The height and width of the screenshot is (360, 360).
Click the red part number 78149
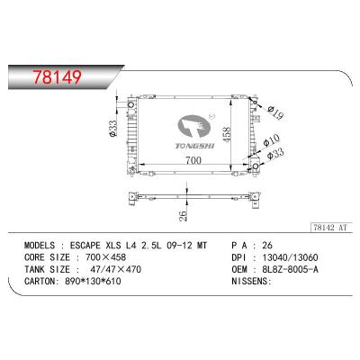(x=57, y=77)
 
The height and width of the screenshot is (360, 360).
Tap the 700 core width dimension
(x=193, y=160)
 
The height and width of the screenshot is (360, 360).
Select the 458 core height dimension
(x=227, y=135)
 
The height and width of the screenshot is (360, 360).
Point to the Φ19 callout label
(x=275, y=112)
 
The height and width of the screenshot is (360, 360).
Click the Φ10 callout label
(x=271, y=140)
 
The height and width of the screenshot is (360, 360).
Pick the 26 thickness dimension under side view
(x=183, y=214)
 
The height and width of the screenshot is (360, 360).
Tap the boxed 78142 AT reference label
(x=330, y=228)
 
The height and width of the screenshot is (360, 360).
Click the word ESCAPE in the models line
(x=85, y=246)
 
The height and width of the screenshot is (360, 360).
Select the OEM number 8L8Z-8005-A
(x=285, y=269)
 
